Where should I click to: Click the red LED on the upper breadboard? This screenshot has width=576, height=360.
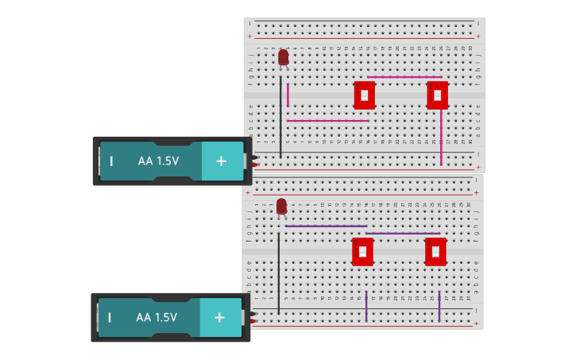284,57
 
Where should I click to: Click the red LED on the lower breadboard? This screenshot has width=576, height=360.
281,207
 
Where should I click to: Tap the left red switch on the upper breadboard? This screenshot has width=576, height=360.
365,95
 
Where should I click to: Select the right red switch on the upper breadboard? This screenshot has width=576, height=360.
437,95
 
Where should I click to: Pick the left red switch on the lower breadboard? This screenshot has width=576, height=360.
362,252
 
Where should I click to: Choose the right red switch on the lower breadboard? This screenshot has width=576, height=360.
435,252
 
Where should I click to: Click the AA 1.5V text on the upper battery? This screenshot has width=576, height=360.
158,161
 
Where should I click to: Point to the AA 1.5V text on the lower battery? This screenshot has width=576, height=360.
157,317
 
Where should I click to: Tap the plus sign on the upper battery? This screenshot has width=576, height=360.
219,161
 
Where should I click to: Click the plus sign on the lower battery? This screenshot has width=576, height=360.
218,317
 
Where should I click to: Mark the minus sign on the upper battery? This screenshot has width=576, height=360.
111,161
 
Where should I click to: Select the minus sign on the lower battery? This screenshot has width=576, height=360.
110,317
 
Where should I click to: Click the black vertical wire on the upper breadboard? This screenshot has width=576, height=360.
280,119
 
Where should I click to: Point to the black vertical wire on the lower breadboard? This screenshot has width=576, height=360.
279,270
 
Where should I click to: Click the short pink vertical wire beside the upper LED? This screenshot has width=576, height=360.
288,95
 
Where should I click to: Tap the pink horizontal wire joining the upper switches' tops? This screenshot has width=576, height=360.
404,77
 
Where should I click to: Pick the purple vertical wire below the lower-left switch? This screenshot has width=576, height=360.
366,306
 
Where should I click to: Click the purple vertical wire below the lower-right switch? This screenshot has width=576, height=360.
439,306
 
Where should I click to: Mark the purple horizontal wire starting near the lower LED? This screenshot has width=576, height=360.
326,226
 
